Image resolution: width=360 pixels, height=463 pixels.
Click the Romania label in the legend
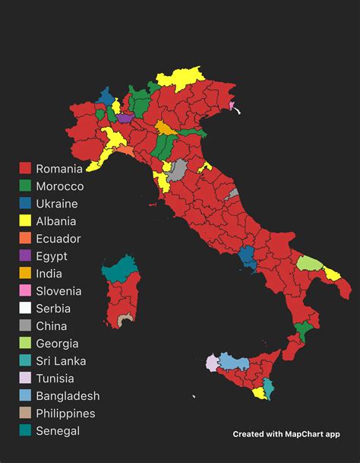click(58, 169)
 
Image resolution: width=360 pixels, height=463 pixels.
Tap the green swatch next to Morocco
click(25, 186)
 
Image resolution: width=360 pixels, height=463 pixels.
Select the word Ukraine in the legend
click(56, 204)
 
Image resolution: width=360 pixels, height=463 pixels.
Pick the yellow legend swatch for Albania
click(25, 221)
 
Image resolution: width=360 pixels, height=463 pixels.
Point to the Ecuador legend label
click(58, 239)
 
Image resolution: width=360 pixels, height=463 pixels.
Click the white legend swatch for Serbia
click(25, 309)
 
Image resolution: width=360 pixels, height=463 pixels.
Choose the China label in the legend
click(52, 326)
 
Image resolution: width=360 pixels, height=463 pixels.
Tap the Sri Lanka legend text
click(61, 361)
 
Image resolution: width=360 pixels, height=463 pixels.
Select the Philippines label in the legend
click(65, 414)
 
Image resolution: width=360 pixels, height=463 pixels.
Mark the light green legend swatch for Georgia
click(25, 344)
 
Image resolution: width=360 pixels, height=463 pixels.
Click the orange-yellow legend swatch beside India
click(25, 274)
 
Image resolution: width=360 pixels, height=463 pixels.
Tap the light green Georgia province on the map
click(308, 264)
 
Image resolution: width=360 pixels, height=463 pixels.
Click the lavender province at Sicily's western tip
click(211, 362)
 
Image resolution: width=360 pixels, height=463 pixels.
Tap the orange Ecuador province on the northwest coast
click(125, 151)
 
